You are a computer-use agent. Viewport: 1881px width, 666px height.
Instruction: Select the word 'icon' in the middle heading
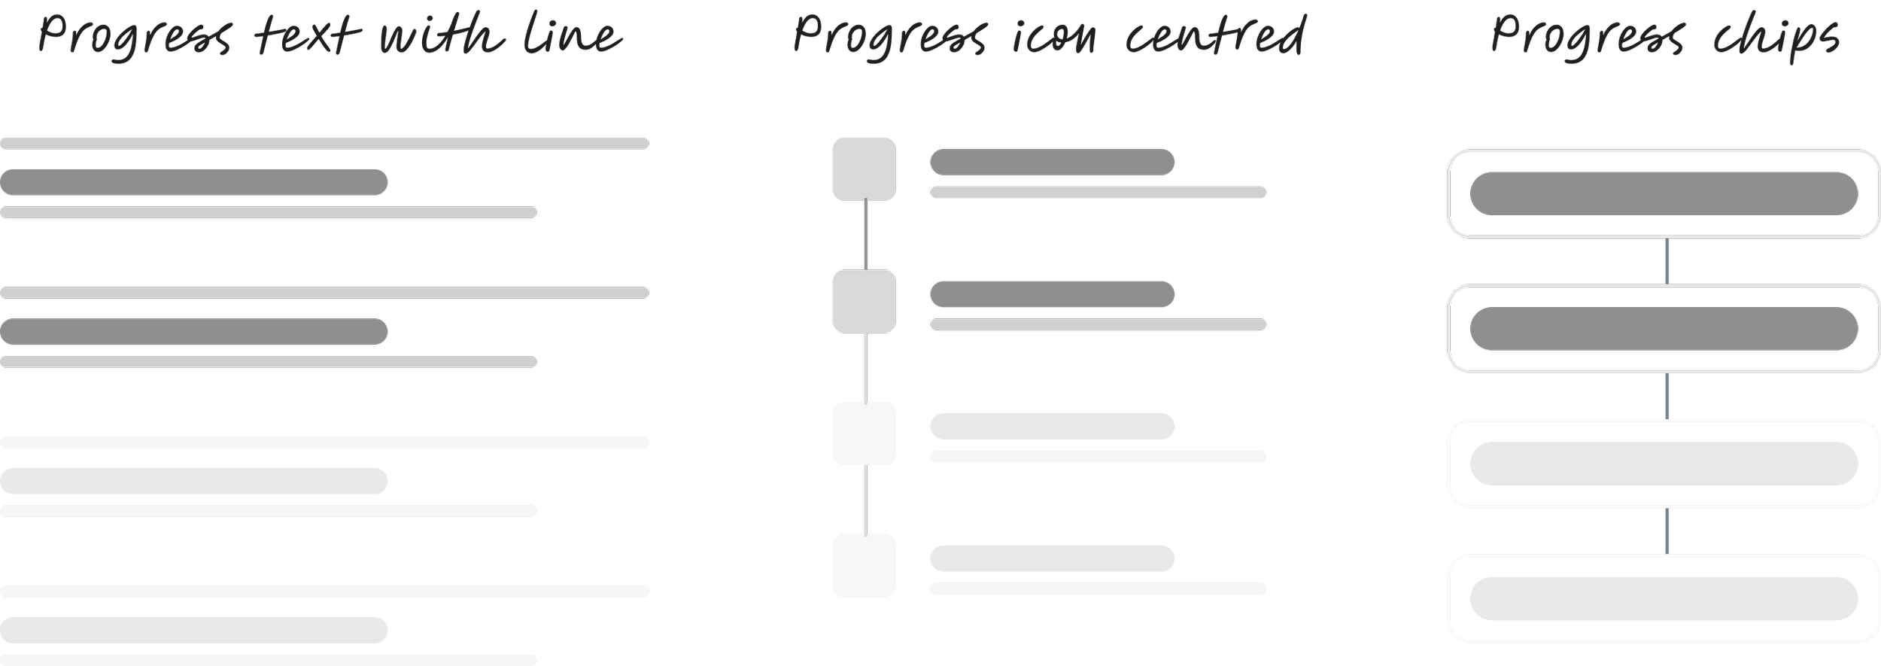(1054, 38)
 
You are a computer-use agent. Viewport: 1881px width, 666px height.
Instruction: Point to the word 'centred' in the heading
(1216, 36)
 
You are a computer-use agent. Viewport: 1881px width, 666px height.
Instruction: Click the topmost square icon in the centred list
(864, 169)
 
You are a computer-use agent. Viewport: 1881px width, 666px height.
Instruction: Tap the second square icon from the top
(864, 301)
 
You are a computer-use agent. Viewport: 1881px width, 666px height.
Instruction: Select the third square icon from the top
(864, 433)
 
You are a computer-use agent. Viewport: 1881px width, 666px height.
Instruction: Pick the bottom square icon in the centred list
(864, 565)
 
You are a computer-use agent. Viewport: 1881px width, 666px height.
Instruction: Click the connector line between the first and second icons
(866, 236)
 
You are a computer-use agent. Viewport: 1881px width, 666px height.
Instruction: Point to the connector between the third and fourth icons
(866, 500)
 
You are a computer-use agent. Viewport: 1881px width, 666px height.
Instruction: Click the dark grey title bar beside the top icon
(1052, 162)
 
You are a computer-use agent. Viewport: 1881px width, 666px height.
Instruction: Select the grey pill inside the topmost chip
(1664, 193)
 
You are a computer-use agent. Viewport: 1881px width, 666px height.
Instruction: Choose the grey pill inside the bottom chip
(1664, 598)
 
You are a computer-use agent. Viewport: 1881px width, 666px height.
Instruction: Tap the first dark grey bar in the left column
(193, 182)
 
